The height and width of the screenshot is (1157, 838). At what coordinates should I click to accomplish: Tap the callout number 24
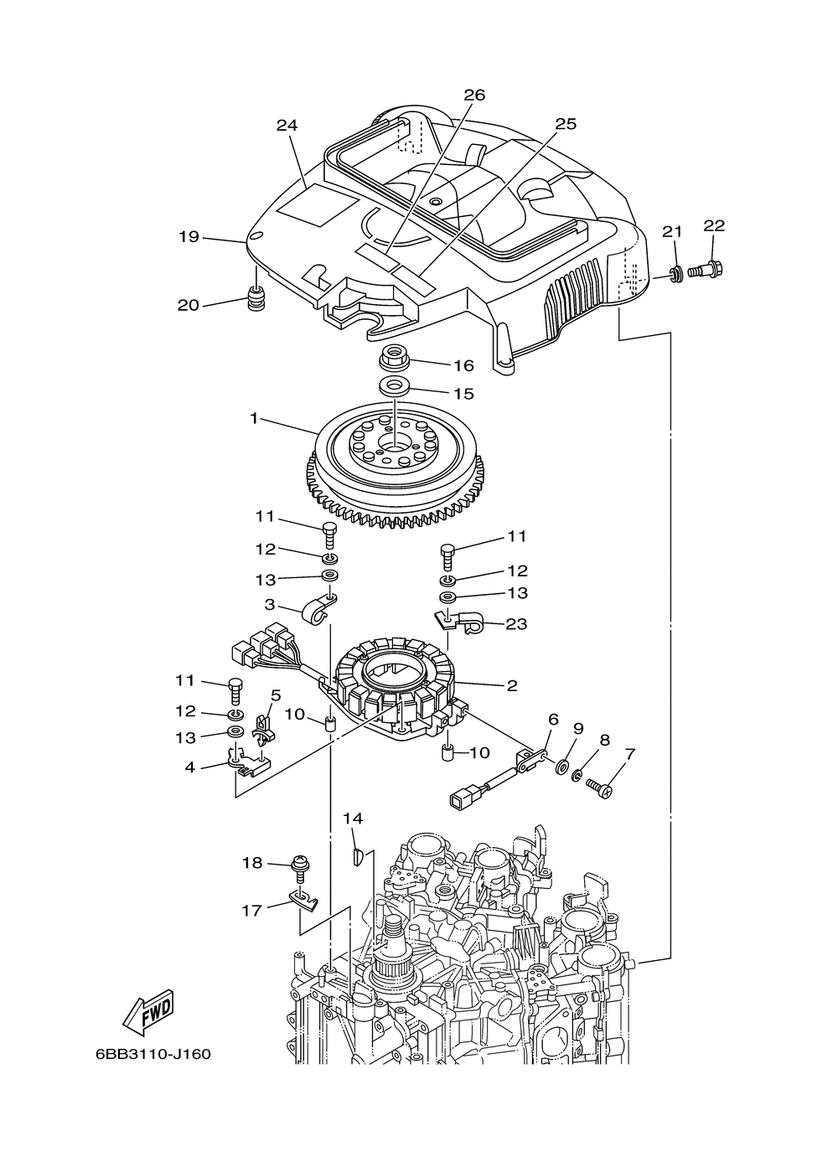click(287, 126)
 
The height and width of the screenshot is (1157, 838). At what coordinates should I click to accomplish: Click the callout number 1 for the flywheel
click(253, 418)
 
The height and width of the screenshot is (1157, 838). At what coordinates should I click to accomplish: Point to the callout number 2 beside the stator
click(511, 685)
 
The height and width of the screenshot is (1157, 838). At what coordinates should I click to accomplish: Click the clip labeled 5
click(265, 731)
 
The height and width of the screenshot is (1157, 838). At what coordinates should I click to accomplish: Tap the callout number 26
click(474, 95)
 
